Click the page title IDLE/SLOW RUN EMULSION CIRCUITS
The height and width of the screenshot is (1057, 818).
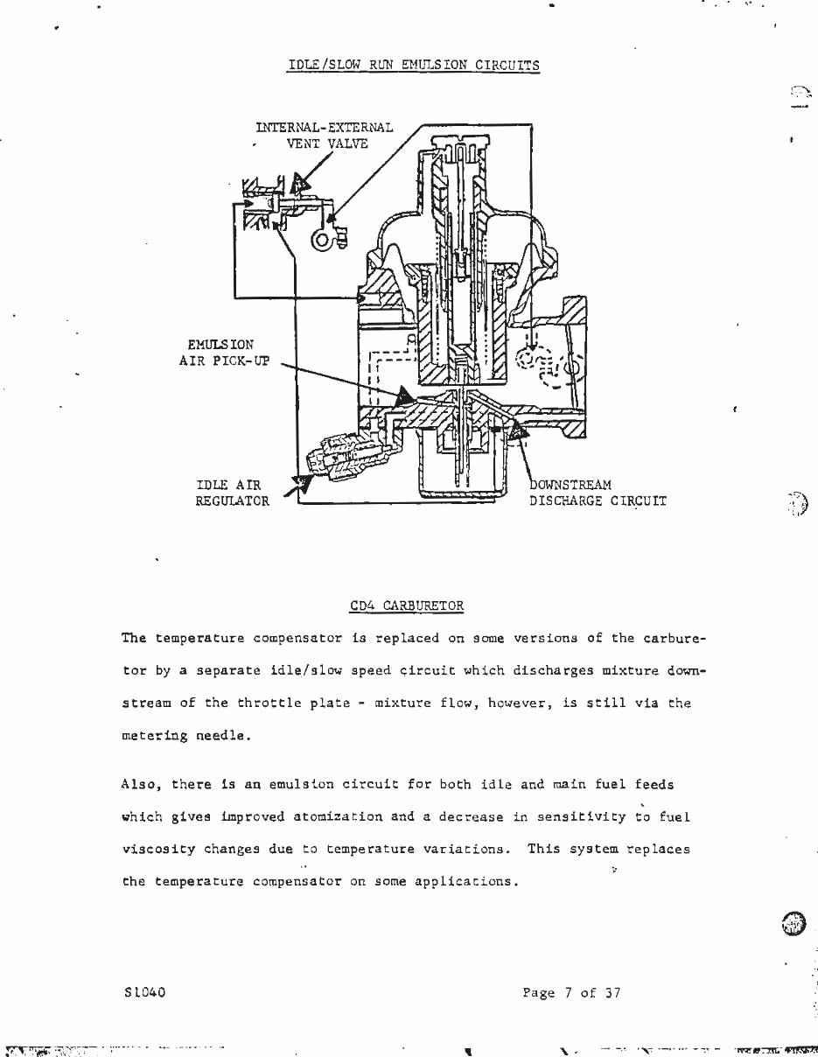point(413,65)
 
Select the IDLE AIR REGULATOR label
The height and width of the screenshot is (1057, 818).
point(232,493)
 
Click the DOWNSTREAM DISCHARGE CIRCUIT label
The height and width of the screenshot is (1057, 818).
point(597,493)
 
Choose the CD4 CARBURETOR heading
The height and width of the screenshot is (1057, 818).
point(407,605)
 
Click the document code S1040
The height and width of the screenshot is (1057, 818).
point(145,992)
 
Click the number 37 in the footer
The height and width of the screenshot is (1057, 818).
point(612,992)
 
